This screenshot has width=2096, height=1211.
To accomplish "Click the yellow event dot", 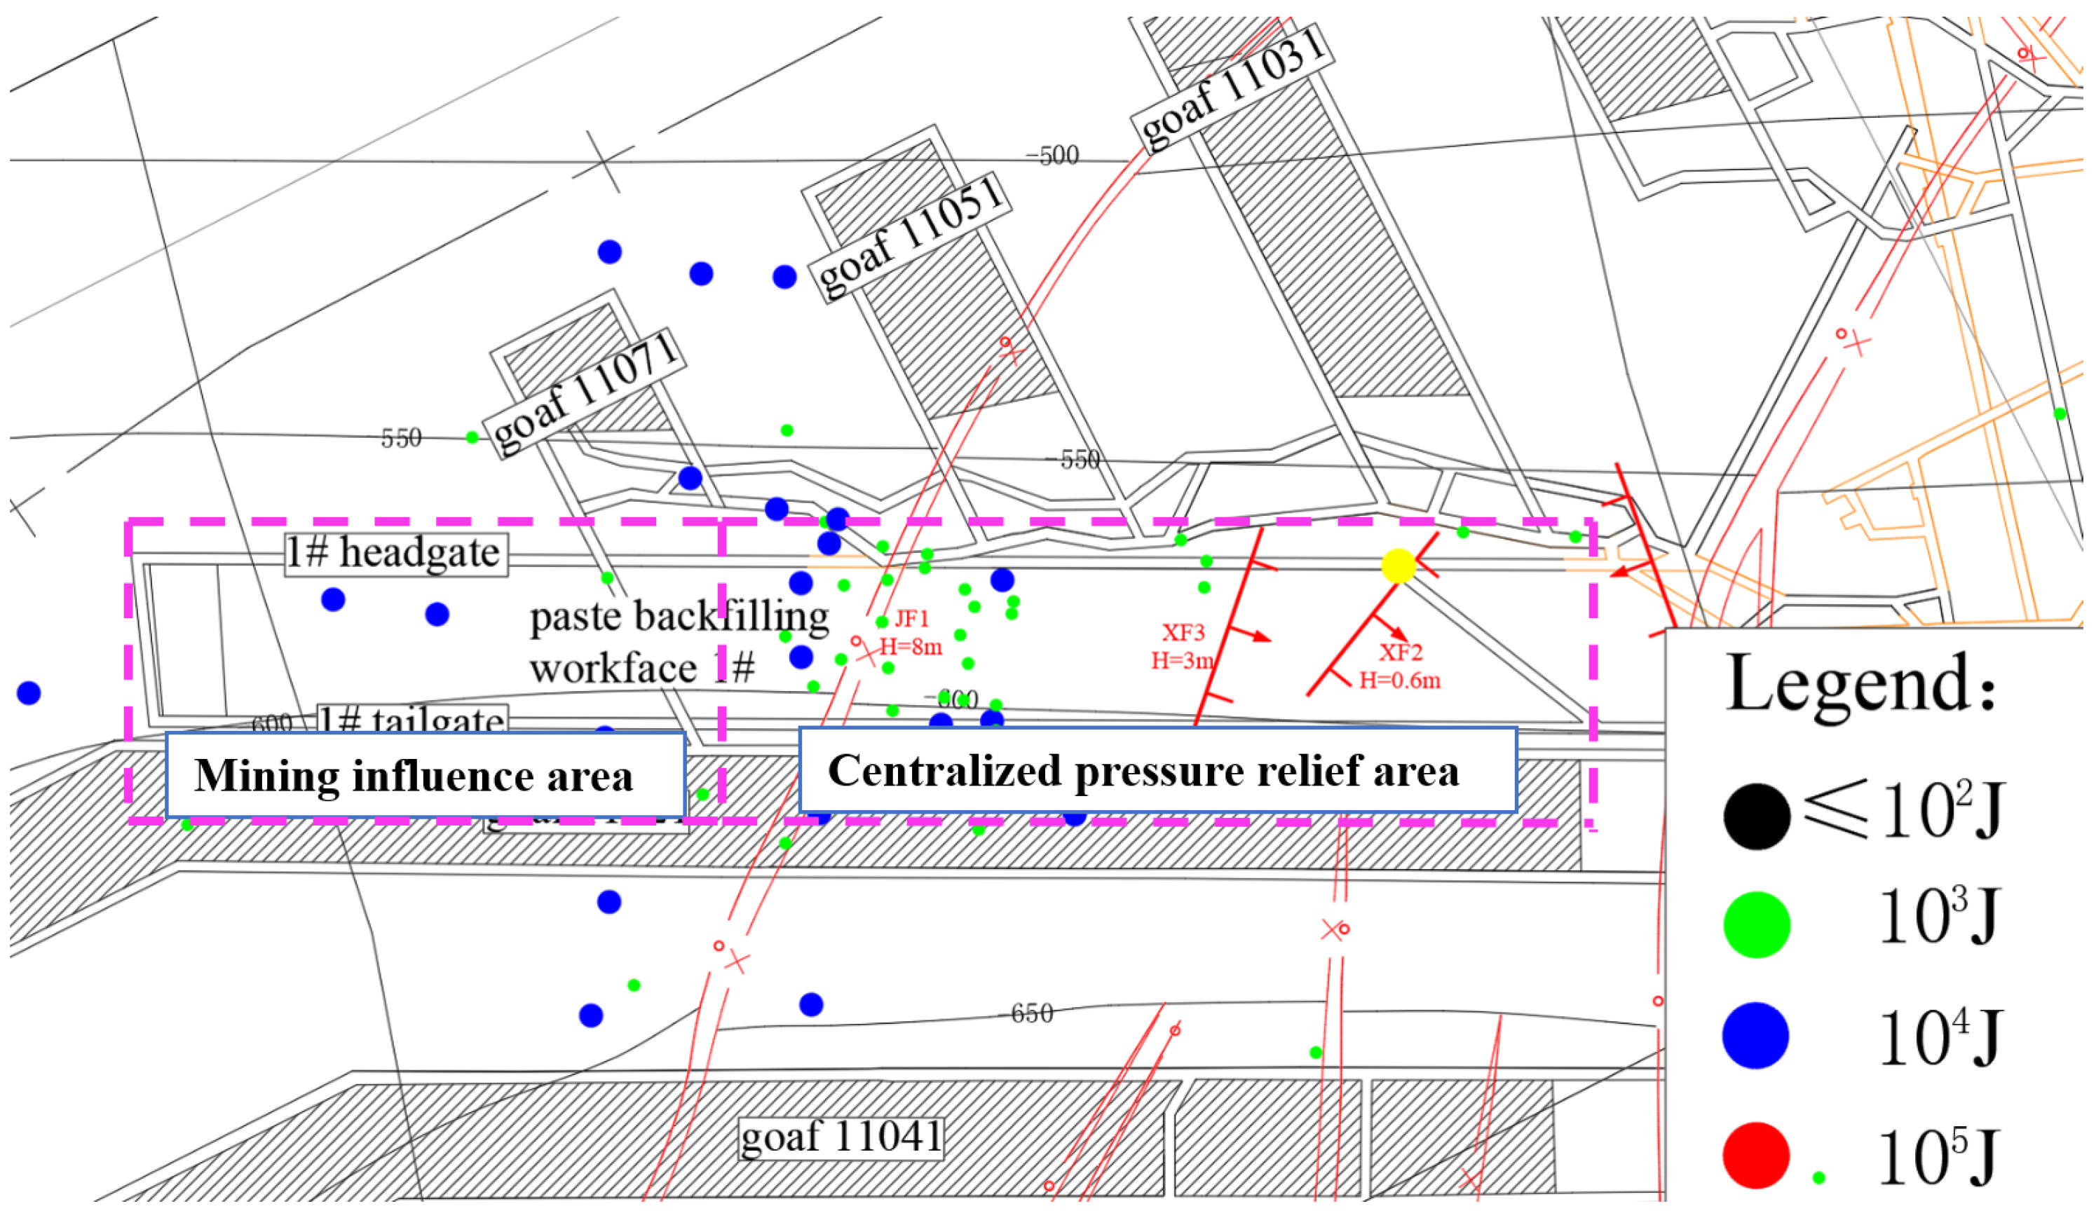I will point(1399,566).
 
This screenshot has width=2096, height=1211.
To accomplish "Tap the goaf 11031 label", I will point(1232,89).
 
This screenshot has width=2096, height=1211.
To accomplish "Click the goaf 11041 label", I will point(841,1137).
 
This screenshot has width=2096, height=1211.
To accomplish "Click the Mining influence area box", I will point(425,774).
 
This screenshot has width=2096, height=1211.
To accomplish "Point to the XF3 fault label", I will point(1183,634).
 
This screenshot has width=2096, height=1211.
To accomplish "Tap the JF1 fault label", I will point(911,620).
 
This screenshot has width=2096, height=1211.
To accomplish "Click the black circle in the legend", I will point(1756,816).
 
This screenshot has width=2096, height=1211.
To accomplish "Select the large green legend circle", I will point(1756,925).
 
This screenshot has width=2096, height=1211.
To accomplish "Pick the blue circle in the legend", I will point(1755,1036).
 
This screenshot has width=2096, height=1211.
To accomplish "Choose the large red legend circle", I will point(1755,1155).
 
